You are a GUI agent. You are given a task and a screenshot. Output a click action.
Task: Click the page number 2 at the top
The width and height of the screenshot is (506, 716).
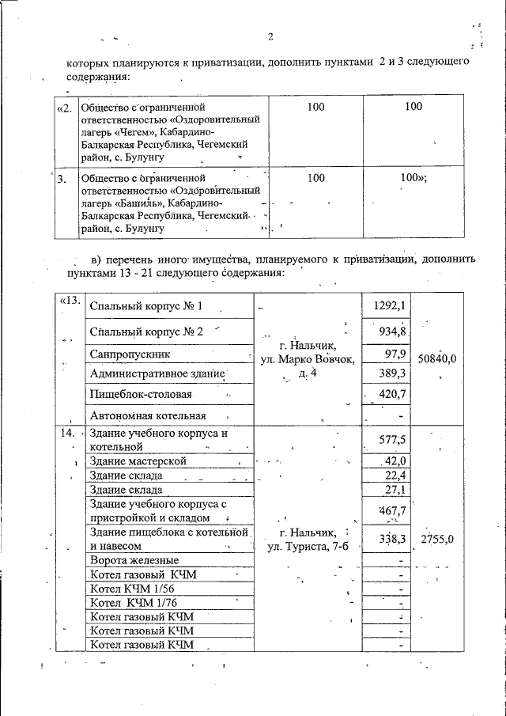pyautogui.click(x=270, y=36)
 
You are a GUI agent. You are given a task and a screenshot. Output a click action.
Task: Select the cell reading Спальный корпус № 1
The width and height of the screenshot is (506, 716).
pyautogui.click(x=146, y=306)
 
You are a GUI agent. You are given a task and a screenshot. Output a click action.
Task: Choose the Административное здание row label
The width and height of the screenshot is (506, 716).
pyautogui.click(x=158, y=373)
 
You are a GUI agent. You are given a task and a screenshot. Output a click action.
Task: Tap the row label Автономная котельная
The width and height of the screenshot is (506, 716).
pyautogui.click(x=148, y=415)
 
